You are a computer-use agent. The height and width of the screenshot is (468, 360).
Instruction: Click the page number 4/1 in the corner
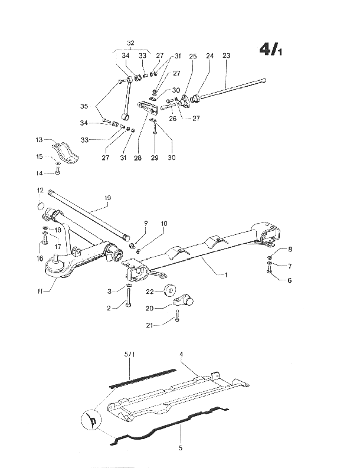[270, 49]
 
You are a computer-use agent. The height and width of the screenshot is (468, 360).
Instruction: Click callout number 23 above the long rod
[227, 55]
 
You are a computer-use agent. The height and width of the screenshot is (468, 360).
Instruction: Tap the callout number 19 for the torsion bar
[107, 198]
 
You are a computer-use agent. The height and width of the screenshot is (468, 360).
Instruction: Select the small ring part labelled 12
[41, 205]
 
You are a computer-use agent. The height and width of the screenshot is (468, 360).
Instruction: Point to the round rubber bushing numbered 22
[170, 290]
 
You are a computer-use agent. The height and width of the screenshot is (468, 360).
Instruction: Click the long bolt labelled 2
[128, 297]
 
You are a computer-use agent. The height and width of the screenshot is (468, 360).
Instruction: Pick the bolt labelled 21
[178, 316]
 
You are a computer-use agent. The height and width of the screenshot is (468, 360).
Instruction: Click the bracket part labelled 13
[65, 153]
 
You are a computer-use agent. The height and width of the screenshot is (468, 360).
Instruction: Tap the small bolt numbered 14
[58, 171]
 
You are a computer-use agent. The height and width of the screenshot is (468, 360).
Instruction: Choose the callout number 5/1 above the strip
[129, 354]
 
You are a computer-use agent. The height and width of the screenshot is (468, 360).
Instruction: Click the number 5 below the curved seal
[181, 448]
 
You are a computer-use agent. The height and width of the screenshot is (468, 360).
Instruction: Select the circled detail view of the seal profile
[91, 420]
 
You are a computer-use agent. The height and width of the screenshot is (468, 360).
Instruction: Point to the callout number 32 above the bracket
[131, 43]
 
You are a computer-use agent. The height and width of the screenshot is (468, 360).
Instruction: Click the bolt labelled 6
[268, 270]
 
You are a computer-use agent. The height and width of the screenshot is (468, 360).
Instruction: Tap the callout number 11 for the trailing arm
[40, 291]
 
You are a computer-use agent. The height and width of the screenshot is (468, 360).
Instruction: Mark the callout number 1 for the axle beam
[226, 274]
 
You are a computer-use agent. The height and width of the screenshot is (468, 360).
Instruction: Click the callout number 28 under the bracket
[138, 158]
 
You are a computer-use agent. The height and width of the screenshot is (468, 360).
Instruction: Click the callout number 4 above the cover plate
[181, 354]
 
